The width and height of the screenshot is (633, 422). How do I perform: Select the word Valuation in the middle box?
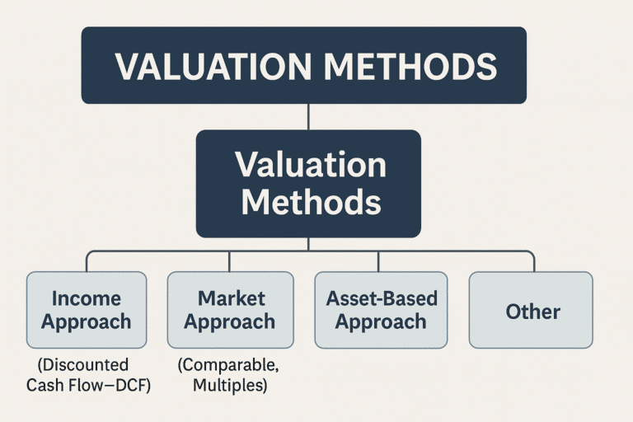309,166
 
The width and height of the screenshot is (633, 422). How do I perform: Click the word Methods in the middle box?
309,203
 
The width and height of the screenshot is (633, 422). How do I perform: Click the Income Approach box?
87,309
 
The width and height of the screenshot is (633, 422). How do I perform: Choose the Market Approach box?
229,309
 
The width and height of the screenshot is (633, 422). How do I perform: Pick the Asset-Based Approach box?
382,309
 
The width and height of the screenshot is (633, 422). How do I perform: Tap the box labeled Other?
531,311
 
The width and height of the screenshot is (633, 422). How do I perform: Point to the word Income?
87,298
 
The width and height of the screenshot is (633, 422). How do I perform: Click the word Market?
229,298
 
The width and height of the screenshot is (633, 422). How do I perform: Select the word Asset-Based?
382,298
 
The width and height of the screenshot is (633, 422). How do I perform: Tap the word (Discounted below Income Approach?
83,364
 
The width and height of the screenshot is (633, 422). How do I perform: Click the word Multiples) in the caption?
229,385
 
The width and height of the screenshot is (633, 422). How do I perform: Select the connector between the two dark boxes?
308,116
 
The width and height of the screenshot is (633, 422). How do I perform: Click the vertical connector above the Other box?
534,260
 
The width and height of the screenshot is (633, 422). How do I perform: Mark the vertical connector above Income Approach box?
87,260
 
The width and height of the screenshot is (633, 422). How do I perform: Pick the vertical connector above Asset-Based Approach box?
378,260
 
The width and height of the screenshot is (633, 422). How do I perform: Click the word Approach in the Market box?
229,321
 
